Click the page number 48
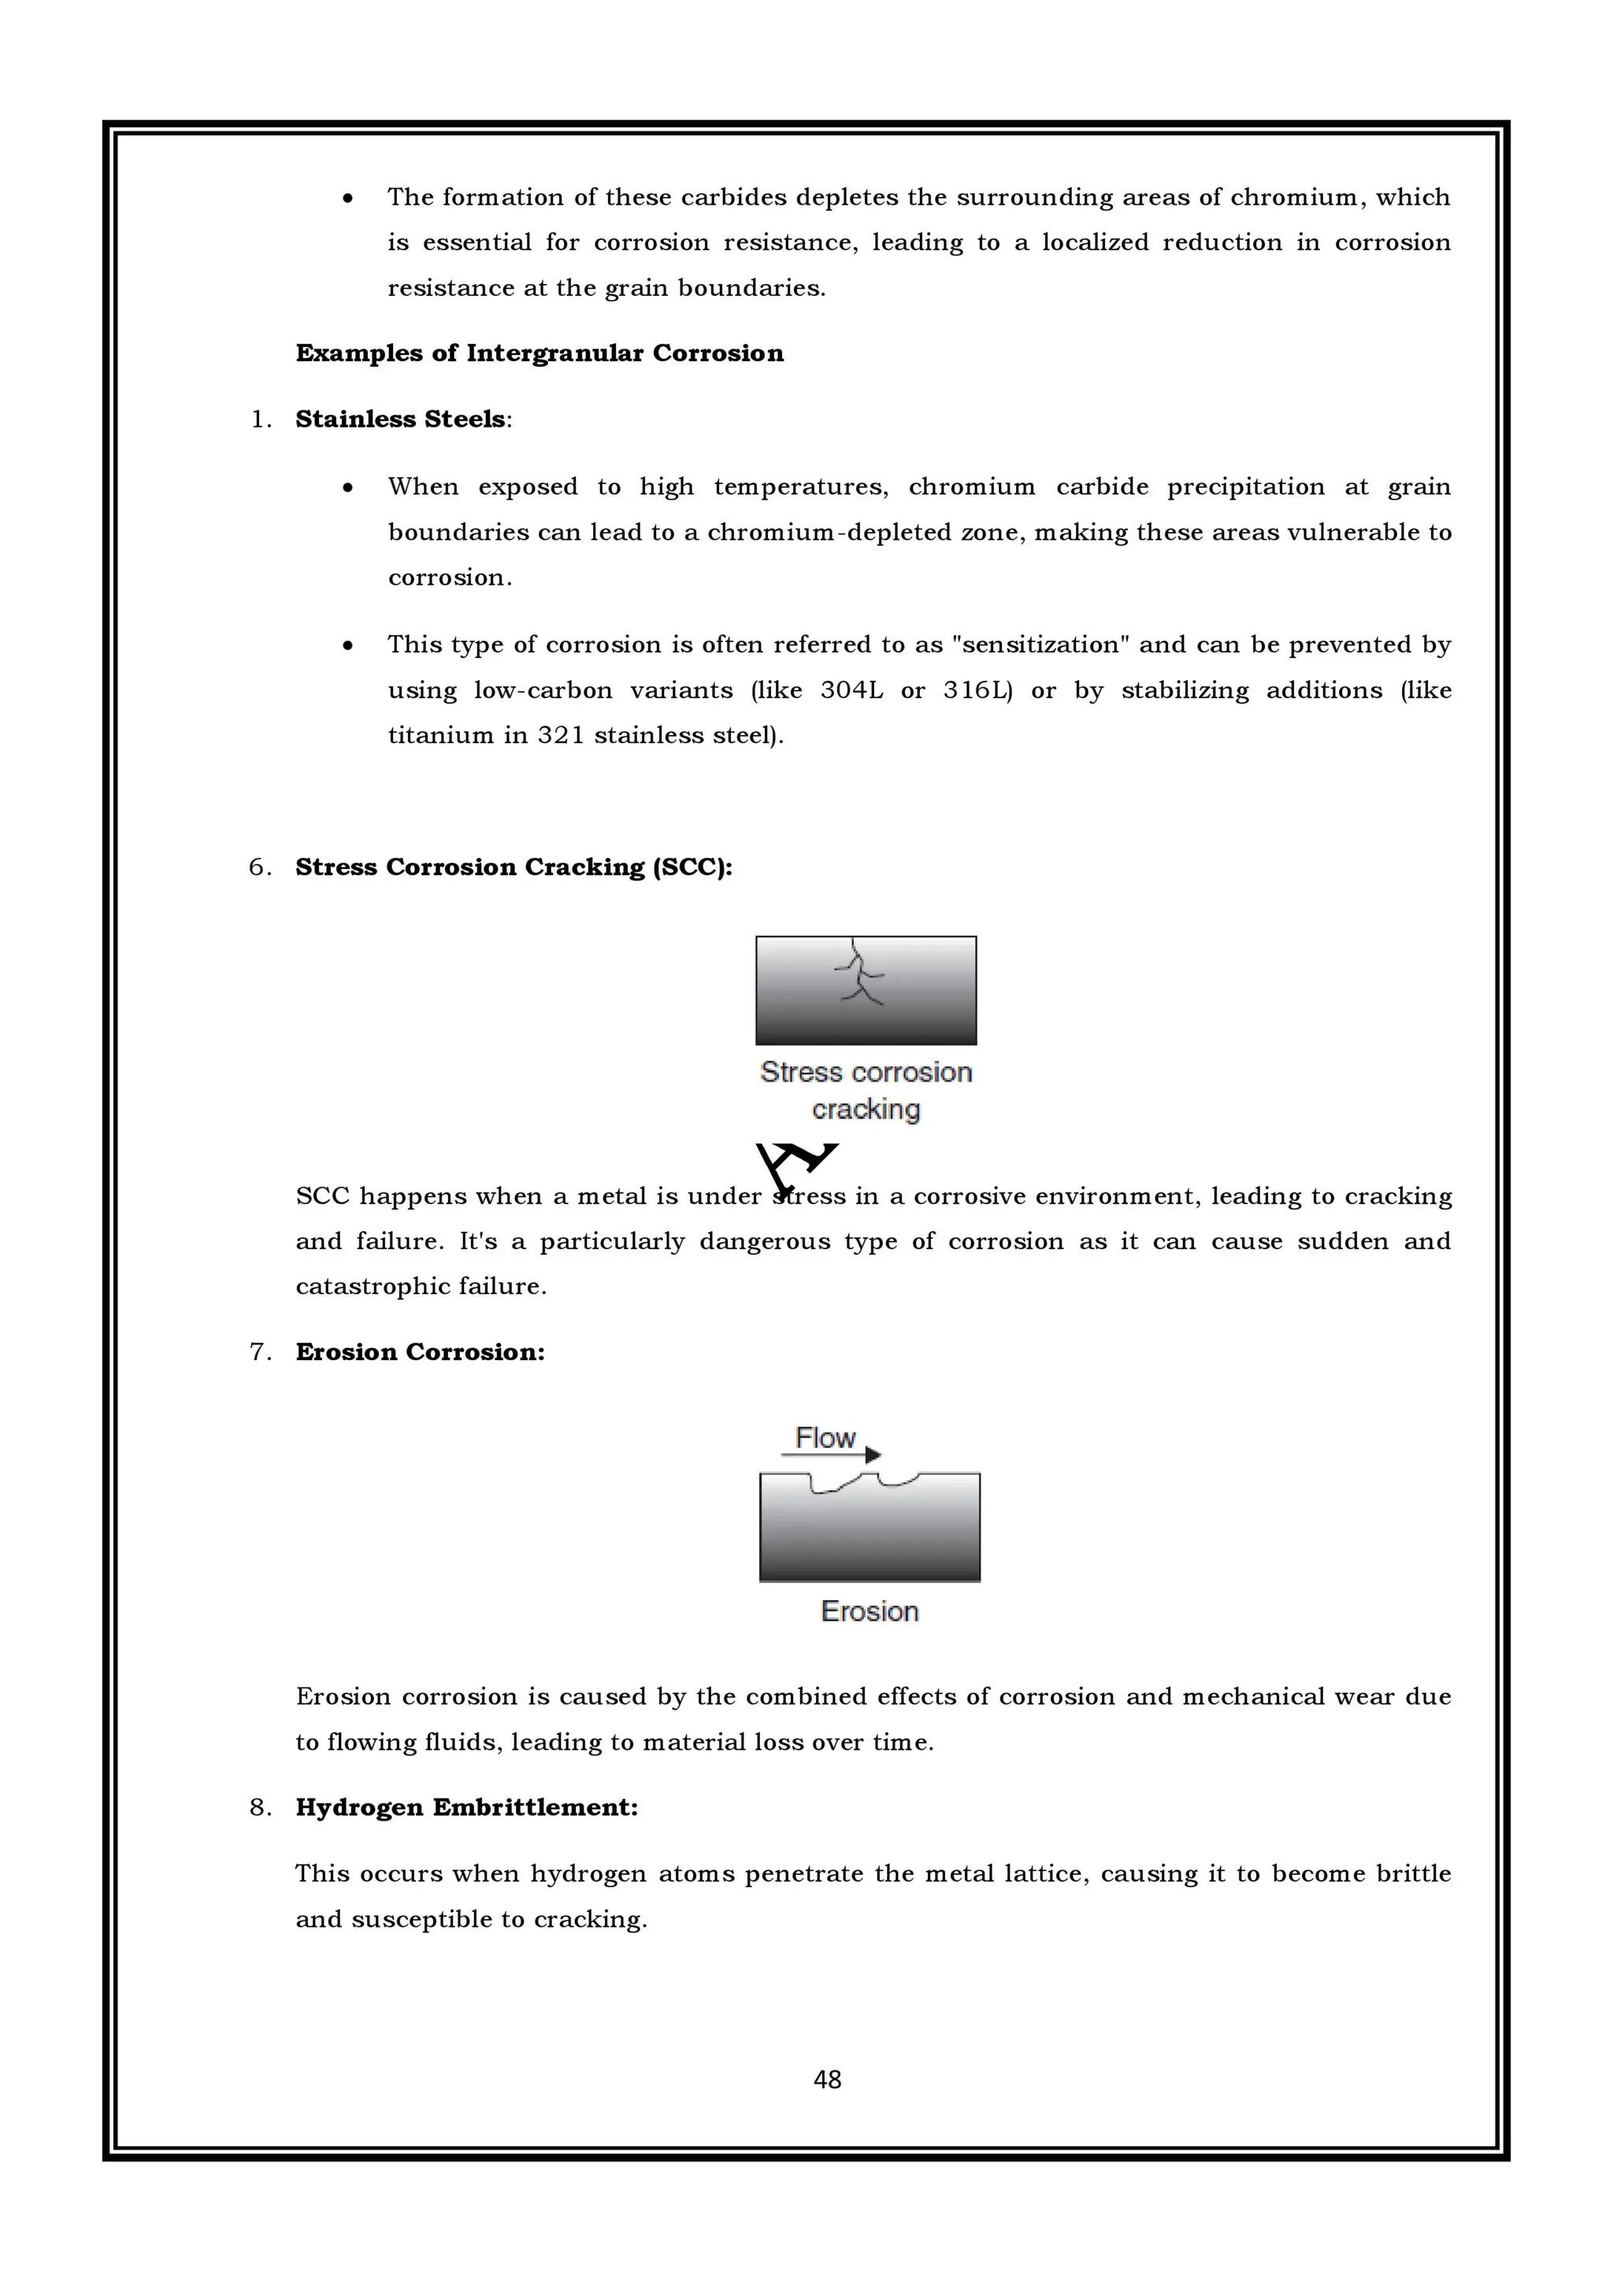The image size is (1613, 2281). click(827, 2080)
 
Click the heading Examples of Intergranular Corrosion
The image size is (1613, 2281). click(540, 353)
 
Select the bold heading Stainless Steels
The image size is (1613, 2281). click(401, 420)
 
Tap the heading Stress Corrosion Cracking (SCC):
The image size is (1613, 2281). click(513, 867)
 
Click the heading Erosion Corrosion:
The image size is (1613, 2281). click(420, 1352)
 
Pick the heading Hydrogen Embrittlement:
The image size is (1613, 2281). click(466, 1807)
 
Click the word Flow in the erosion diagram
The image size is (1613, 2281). click(825, 1436)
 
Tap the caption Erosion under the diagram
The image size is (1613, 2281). click(870, 1611)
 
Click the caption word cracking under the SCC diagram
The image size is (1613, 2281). click(866, 1110)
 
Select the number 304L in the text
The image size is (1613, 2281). click(851, 690)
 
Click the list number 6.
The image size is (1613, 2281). click(259, 867)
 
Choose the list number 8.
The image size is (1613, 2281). click(259, 1807)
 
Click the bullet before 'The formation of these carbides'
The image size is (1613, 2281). click(347, 198)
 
